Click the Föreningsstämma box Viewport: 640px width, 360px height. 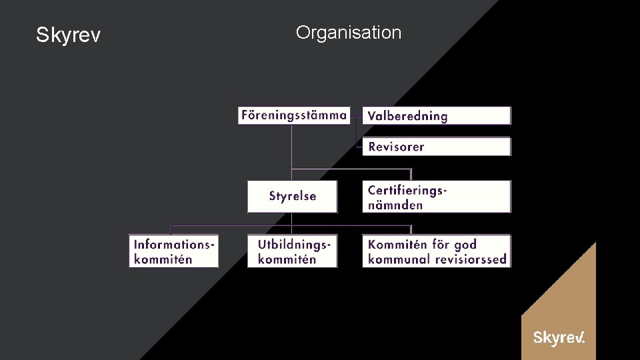[x=293, y=115]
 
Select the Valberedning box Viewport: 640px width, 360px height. [x=437, y=115]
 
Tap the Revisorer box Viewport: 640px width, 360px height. [x=437, y=147]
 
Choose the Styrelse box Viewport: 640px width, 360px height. [x=292, y=196]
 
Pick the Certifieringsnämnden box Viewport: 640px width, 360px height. [x=437, y=197]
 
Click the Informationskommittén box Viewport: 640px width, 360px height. [x=173, y=251]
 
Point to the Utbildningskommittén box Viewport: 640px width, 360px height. [x=292, y=251]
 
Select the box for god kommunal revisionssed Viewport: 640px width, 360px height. [x=437, y=251]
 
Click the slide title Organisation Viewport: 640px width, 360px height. [x=349, y=32]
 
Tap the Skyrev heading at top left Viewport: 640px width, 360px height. [x=68, y=35]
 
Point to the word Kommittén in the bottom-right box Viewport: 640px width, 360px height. [x=397, y=244]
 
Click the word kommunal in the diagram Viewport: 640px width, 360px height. [x=399, y=259]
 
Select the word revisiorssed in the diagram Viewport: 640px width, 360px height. [x=471, y=259]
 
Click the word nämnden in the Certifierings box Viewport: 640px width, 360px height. [x=395, y=205]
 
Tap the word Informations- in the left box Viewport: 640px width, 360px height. [x=175, y=244]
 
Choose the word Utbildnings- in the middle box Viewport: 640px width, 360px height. [x=294, y=244]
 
